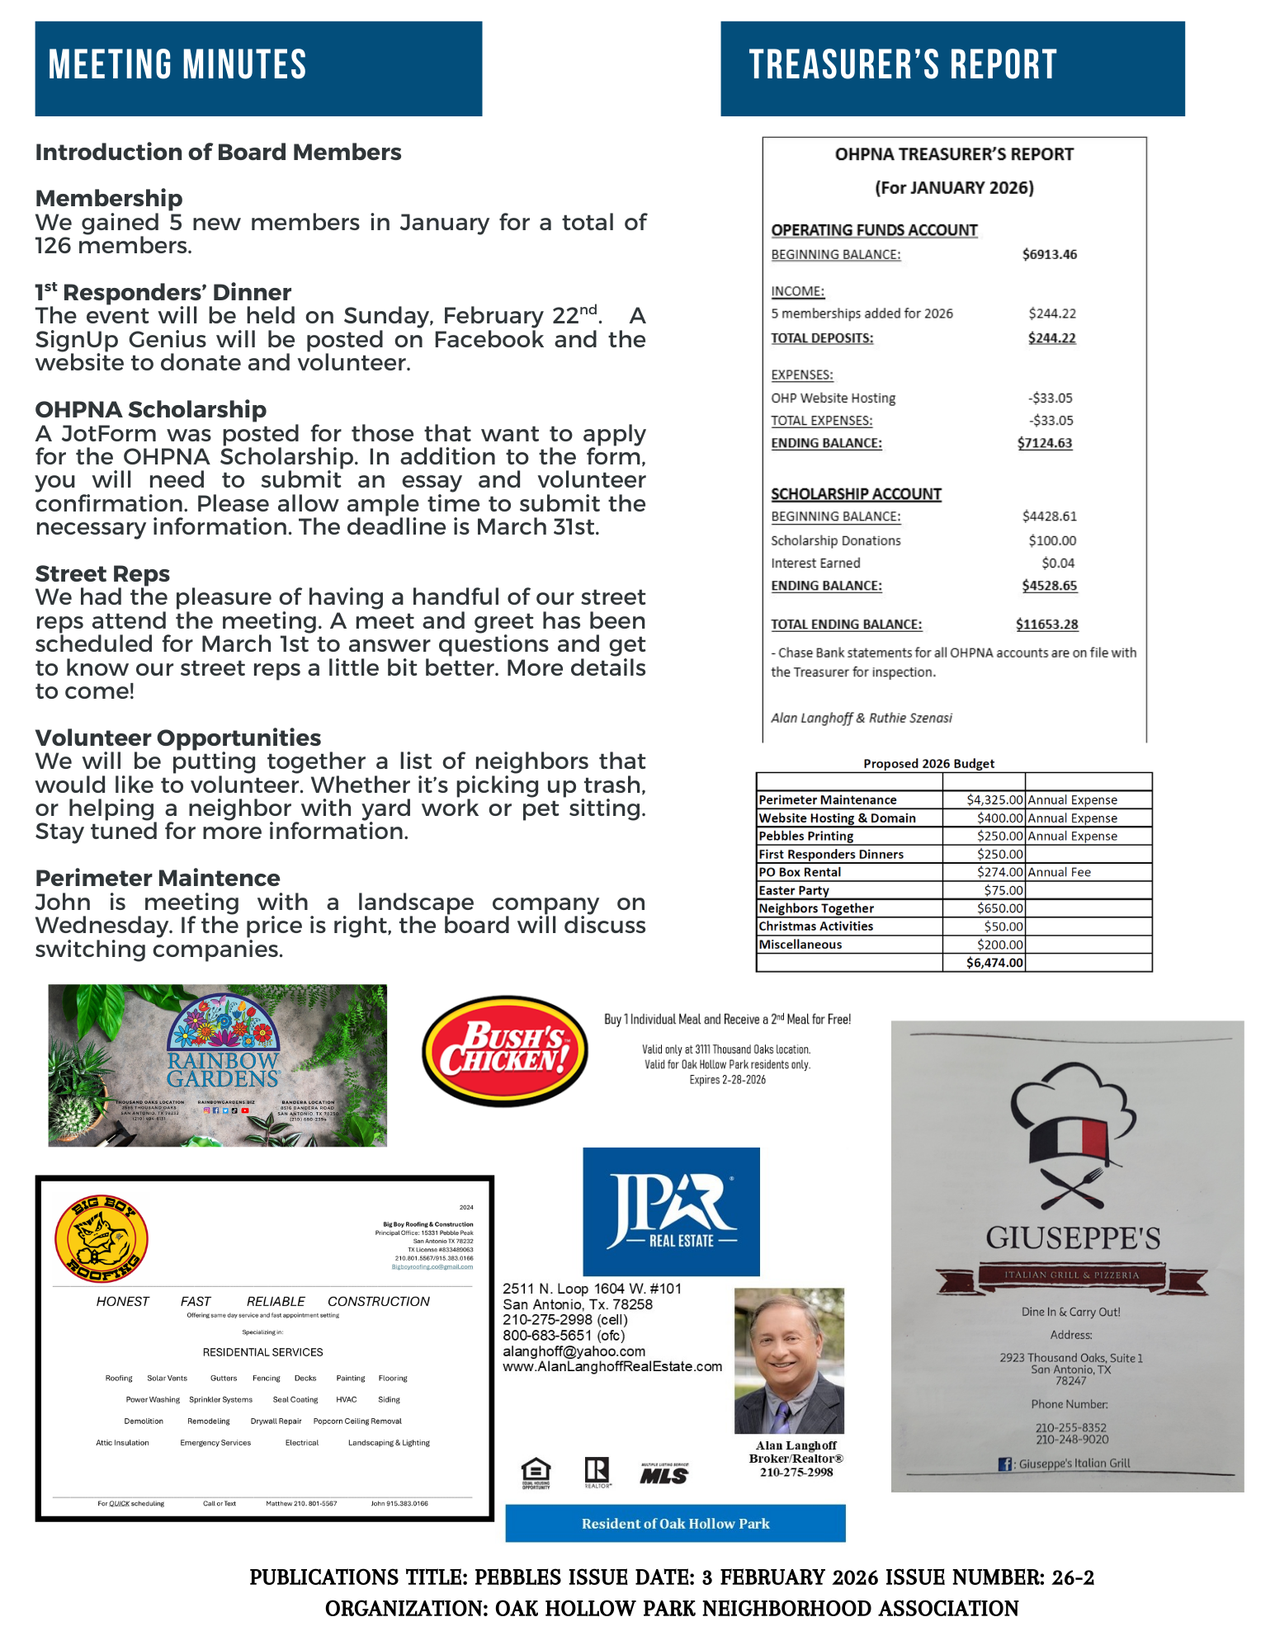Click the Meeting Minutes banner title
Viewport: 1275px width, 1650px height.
click(x=177, y=65)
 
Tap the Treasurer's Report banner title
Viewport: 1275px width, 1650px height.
click(x=902, y=65)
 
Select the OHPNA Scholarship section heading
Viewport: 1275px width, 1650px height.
click(x=151, y=409)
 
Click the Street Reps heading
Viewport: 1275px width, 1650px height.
click(x=102, y=573)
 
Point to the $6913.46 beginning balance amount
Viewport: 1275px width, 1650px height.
click(x=1049, y=254)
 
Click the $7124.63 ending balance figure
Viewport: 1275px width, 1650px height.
click(x=1044, y=443)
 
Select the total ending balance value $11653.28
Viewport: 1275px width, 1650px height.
click(x=1046, y=625)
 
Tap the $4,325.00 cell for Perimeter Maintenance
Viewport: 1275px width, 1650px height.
click(x=994, y=799)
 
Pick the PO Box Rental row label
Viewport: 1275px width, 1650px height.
click(x=800, y=872)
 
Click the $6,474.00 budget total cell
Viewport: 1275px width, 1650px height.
click(x=994, y=963)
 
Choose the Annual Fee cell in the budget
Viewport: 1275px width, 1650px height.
click(x=1059, y=872)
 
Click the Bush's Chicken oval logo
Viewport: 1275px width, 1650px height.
click(x=505, y=1050)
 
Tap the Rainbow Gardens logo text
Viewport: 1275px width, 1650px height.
click(x=223, y=1069)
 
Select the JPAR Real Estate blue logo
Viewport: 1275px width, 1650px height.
click(x=671, y=1211)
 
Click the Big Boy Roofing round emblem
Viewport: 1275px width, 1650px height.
click(x=101, y=1238)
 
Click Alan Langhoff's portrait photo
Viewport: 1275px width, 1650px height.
click(x=789, y=1360)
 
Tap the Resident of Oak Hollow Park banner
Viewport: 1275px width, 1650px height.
click(x=675, y=1523)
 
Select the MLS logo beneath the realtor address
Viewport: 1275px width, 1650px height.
click(x=663, y=1474)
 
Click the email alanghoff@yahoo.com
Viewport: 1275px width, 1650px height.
click(x=574, y=1351)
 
